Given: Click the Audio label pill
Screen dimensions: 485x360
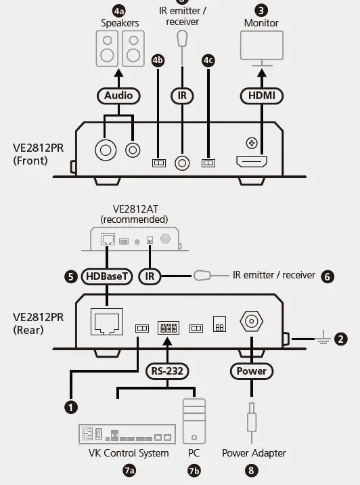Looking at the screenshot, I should (118, 96).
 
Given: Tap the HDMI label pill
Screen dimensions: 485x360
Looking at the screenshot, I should (261, 96).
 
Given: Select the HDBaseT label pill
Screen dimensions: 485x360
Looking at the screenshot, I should (108, 276).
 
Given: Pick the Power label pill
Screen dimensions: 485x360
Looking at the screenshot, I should (251, 371).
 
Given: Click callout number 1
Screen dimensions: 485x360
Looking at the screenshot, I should (69, 406).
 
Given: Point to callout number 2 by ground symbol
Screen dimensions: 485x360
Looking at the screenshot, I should (341, 339).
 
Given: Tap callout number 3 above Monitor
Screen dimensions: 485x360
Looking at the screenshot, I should (261, 10).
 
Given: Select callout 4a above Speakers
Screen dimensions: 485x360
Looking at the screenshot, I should (120, 11).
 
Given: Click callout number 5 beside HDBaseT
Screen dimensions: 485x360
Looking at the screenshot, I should (70, 276).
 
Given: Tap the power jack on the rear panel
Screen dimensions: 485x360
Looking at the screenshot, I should (251, 322).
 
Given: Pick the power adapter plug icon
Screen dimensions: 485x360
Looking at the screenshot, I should (251, 424).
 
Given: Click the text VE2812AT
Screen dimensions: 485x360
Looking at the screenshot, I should (134, 209).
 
